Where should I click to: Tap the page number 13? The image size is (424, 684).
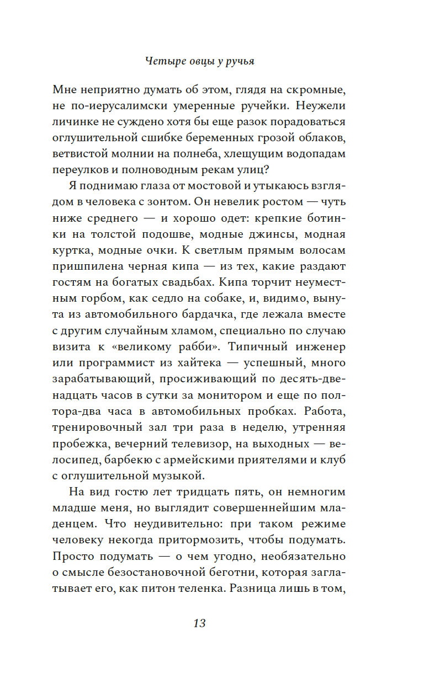199,623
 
